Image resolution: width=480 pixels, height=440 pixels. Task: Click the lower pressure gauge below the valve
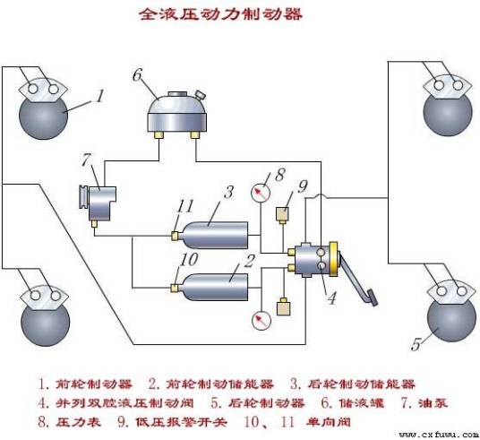[261, 320]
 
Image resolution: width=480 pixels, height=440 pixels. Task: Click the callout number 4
[330, 299]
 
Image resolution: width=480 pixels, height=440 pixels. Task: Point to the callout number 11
[184, 205]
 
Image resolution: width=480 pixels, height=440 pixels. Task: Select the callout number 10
[184, 259]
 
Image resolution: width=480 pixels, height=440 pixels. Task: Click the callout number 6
[138, 73]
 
